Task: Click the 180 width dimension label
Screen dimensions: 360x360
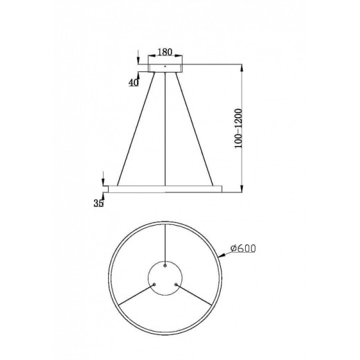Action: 164,52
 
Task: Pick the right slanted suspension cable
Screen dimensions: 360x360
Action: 195,127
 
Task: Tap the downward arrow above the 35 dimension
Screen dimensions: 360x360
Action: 103,177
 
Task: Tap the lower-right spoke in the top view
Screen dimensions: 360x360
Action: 197,294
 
